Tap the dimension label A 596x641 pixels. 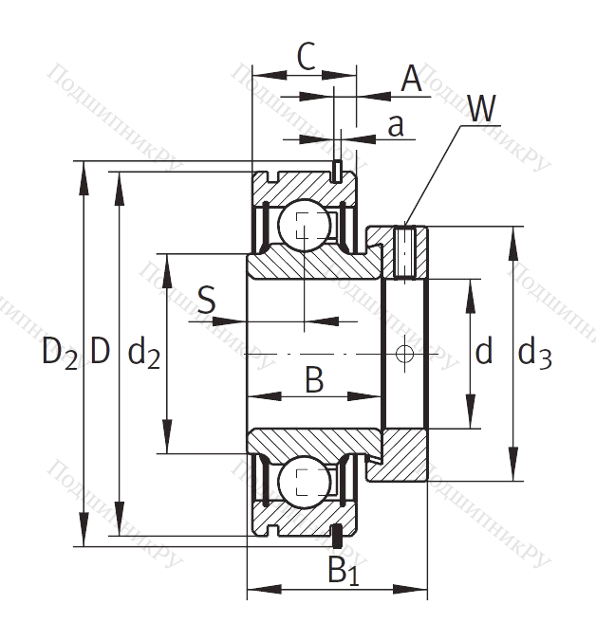411,79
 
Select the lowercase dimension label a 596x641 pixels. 398,124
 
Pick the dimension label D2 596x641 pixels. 59,354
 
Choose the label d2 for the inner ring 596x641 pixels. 143,354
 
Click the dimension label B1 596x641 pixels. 343,570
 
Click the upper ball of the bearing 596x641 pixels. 303,226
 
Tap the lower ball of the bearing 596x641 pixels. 303,482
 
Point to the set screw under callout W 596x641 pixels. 405,251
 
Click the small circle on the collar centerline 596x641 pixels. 405,354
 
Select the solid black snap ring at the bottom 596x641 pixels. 336,536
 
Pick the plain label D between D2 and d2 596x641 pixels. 101,354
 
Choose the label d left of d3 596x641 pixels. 484,354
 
